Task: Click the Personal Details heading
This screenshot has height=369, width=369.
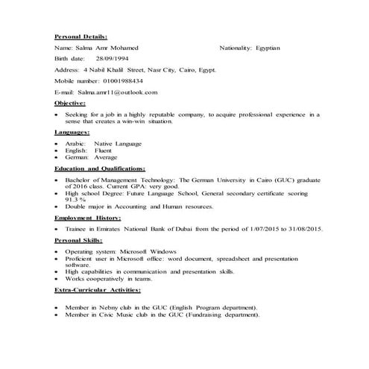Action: coord(81,36)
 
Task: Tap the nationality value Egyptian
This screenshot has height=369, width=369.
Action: coord(267,47)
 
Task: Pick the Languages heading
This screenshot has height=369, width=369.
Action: coord(72,132)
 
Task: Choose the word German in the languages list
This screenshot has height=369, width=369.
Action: coord(78,157)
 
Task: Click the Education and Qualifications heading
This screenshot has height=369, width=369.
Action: coord(100,169)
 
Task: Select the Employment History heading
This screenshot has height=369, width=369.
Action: coord(93,218)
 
